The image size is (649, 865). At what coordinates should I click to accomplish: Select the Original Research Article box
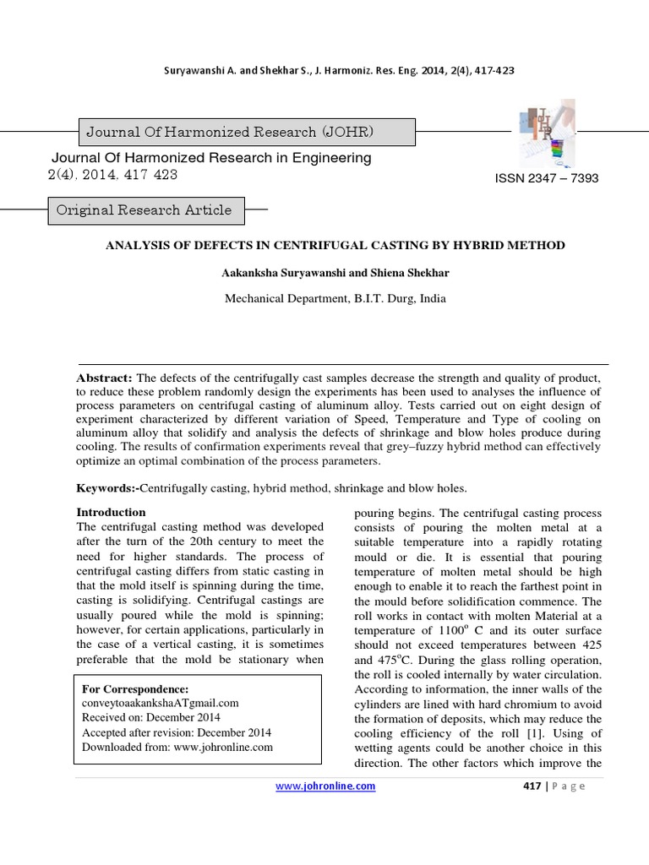point(143,209)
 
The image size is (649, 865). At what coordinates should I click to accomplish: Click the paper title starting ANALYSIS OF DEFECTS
point(334,245)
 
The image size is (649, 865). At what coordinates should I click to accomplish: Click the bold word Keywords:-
point(108,487)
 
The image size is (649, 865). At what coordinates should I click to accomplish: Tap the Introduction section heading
point(112,512)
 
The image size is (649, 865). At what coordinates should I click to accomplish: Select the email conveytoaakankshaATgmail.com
point(161,703)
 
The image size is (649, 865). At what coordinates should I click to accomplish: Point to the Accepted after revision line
point(176,732)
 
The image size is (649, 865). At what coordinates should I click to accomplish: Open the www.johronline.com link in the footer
point(326,786)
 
